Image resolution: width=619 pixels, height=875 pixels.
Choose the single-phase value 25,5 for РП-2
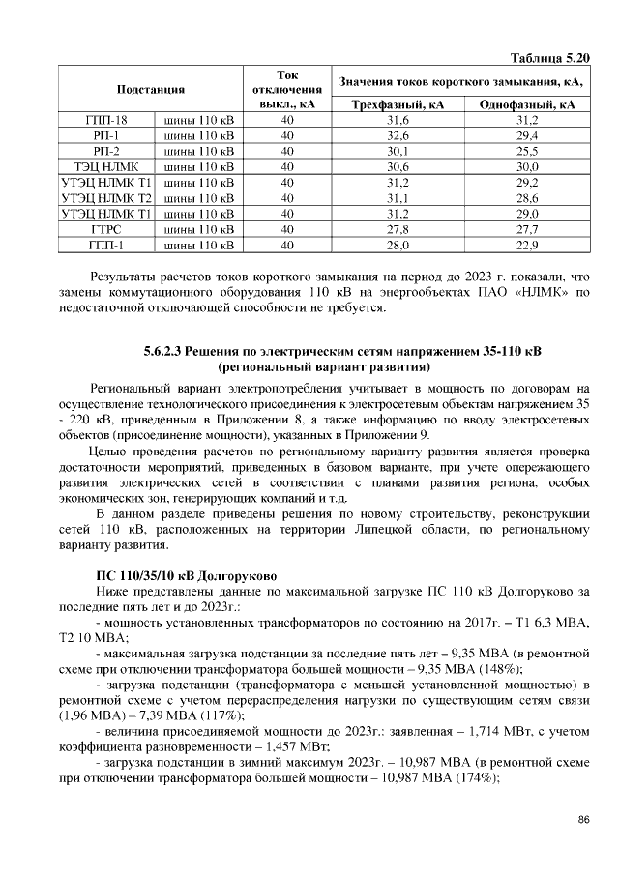[527, 151]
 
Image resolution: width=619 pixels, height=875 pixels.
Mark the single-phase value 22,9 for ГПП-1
[527, 244]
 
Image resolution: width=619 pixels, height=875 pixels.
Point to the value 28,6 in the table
[527, 197]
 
